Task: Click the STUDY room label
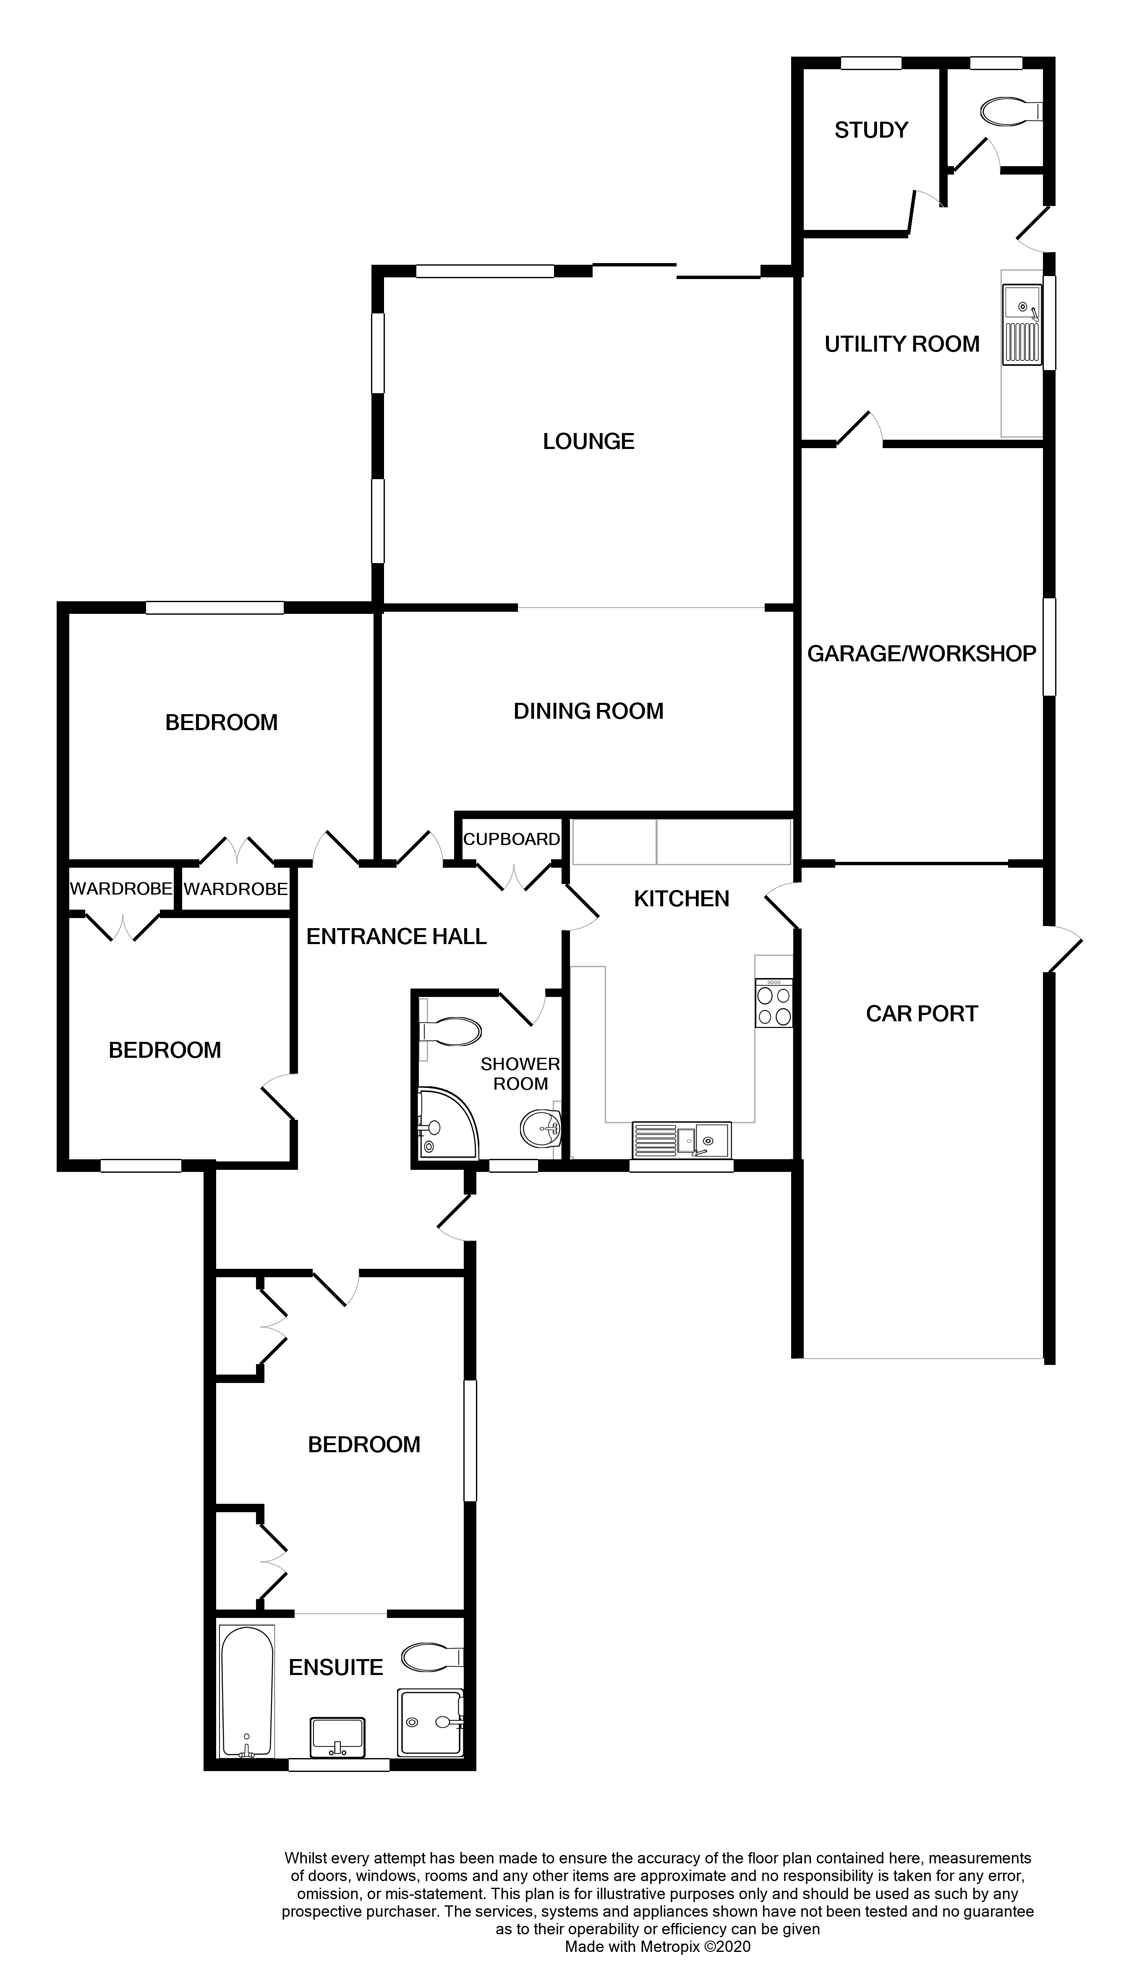(x=871, y=130)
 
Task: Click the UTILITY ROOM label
(x=902, y=344)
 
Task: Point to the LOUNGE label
(x=588, y=442)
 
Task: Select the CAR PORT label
(x=921, y=1014)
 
